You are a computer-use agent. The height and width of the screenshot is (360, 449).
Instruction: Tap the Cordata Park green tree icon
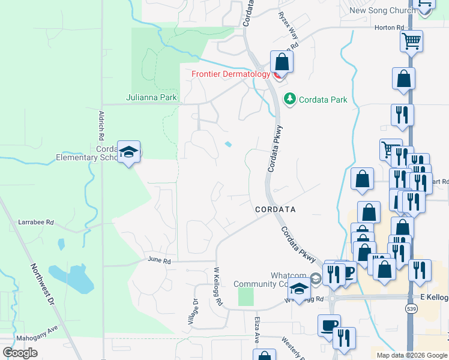291,98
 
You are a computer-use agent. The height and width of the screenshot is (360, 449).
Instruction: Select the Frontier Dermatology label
231,74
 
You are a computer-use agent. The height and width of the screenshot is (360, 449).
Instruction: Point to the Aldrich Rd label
101,125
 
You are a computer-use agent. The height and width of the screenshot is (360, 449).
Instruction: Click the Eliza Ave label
256,330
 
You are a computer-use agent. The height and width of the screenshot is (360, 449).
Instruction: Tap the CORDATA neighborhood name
275,209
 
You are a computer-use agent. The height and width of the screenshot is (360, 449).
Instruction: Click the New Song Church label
382,10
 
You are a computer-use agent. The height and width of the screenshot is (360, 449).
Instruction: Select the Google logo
20,353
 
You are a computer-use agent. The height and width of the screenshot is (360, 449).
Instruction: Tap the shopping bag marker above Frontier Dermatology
282,62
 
